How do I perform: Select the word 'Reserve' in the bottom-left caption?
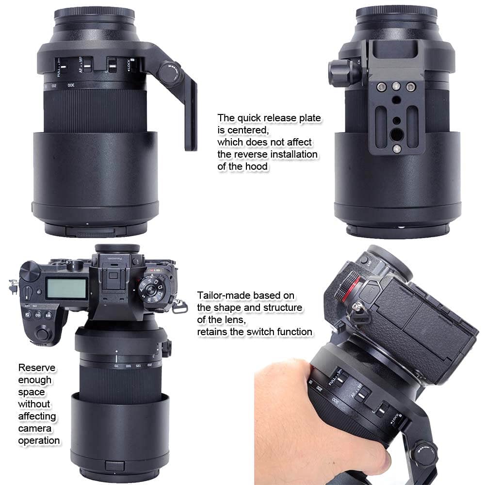click(x=37, y=368)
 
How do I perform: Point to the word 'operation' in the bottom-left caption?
click(x=39, y=440)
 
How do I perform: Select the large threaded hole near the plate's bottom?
click(x=396, y=131)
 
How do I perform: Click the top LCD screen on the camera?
click(x=66, y=289)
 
